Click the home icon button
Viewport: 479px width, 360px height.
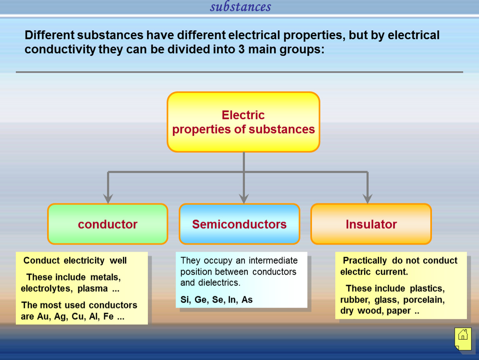[463, 339]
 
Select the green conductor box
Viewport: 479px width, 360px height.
[108, 224]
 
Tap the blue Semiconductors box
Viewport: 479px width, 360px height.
[239, 224]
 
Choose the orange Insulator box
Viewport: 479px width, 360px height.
[371, 224]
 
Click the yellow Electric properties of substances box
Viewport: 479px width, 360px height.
[244, 122]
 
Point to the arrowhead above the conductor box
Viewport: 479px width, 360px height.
[108, 199]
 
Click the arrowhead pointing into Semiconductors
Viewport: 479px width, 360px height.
[244, 199]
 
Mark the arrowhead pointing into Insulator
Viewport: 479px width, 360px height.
[367, 199]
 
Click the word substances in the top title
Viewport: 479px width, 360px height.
[240, 6]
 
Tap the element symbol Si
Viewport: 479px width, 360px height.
[185, 300]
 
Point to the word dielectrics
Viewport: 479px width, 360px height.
[219, 282]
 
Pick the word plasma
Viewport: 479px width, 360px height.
[92, 289]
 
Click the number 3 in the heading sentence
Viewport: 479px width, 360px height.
[241, 50]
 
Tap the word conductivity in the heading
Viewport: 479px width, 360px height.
[60, 50]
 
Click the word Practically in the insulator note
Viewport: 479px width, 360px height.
[365, 260]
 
